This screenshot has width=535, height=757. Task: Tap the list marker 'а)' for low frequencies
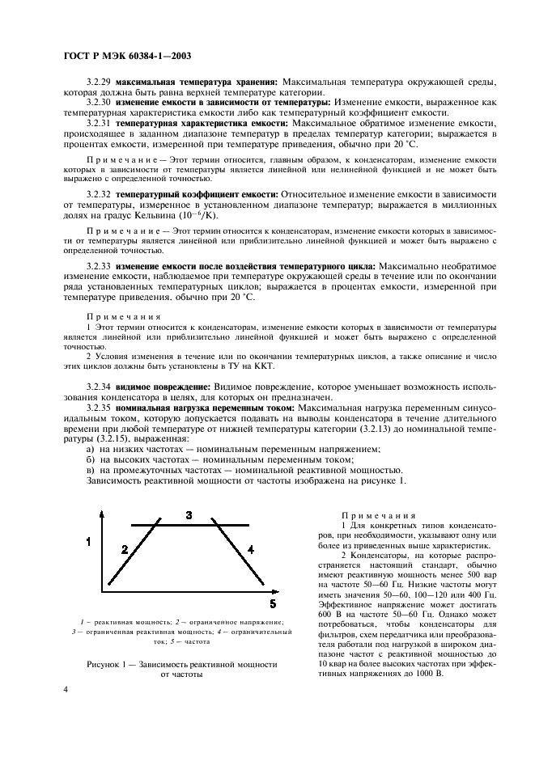(x=91, y=449)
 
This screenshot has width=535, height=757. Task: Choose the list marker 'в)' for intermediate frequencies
(x=91, y=470)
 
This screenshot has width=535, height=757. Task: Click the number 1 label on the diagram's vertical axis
(x=89, y=540)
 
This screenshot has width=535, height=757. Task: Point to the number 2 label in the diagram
(x=124, y=550)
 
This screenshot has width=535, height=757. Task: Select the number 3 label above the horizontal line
(x=188, y=515)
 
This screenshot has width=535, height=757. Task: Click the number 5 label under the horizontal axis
(x=273, y=603)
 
